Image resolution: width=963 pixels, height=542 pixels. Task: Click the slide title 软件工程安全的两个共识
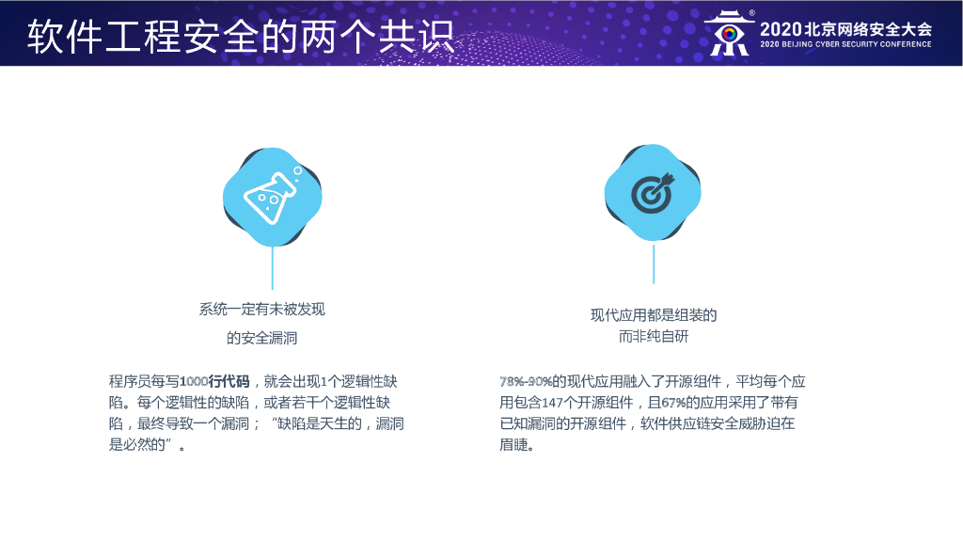tap(241, 36)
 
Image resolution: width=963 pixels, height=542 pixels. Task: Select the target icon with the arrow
tap(653, 193)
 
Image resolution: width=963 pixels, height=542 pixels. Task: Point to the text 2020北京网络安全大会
tap(845, 29)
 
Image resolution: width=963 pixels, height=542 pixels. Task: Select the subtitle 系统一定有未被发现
tap(261, 309)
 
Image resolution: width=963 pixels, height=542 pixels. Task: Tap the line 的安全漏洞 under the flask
tap(261, 338)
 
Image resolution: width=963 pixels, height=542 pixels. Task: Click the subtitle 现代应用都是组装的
tap(654, 315)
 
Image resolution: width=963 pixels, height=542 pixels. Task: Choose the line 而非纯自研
tap(654, 337)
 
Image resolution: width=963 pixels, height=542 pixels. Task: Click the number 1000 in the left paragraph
tap(194, 382)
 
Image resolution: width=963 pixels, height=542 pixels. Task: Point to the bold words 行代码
tap(229, 382)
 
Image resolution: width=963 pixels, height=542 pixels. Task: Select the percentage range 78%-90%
tap(526, 382)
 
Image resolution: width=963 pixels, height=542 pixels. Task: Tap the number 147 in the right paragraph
tap(552, 403)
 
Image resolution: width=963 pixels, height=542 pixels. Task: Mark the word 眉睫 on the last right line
tap(513, 445)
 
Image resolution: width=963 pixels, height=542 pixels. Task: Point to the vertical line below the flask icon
tap(272, 268)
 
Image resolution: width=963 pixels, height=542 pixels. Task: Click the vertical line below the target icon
tap(654, 263)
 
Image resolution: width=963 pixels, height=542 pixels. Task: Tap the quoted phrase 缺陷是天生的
tap(320, 424)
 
